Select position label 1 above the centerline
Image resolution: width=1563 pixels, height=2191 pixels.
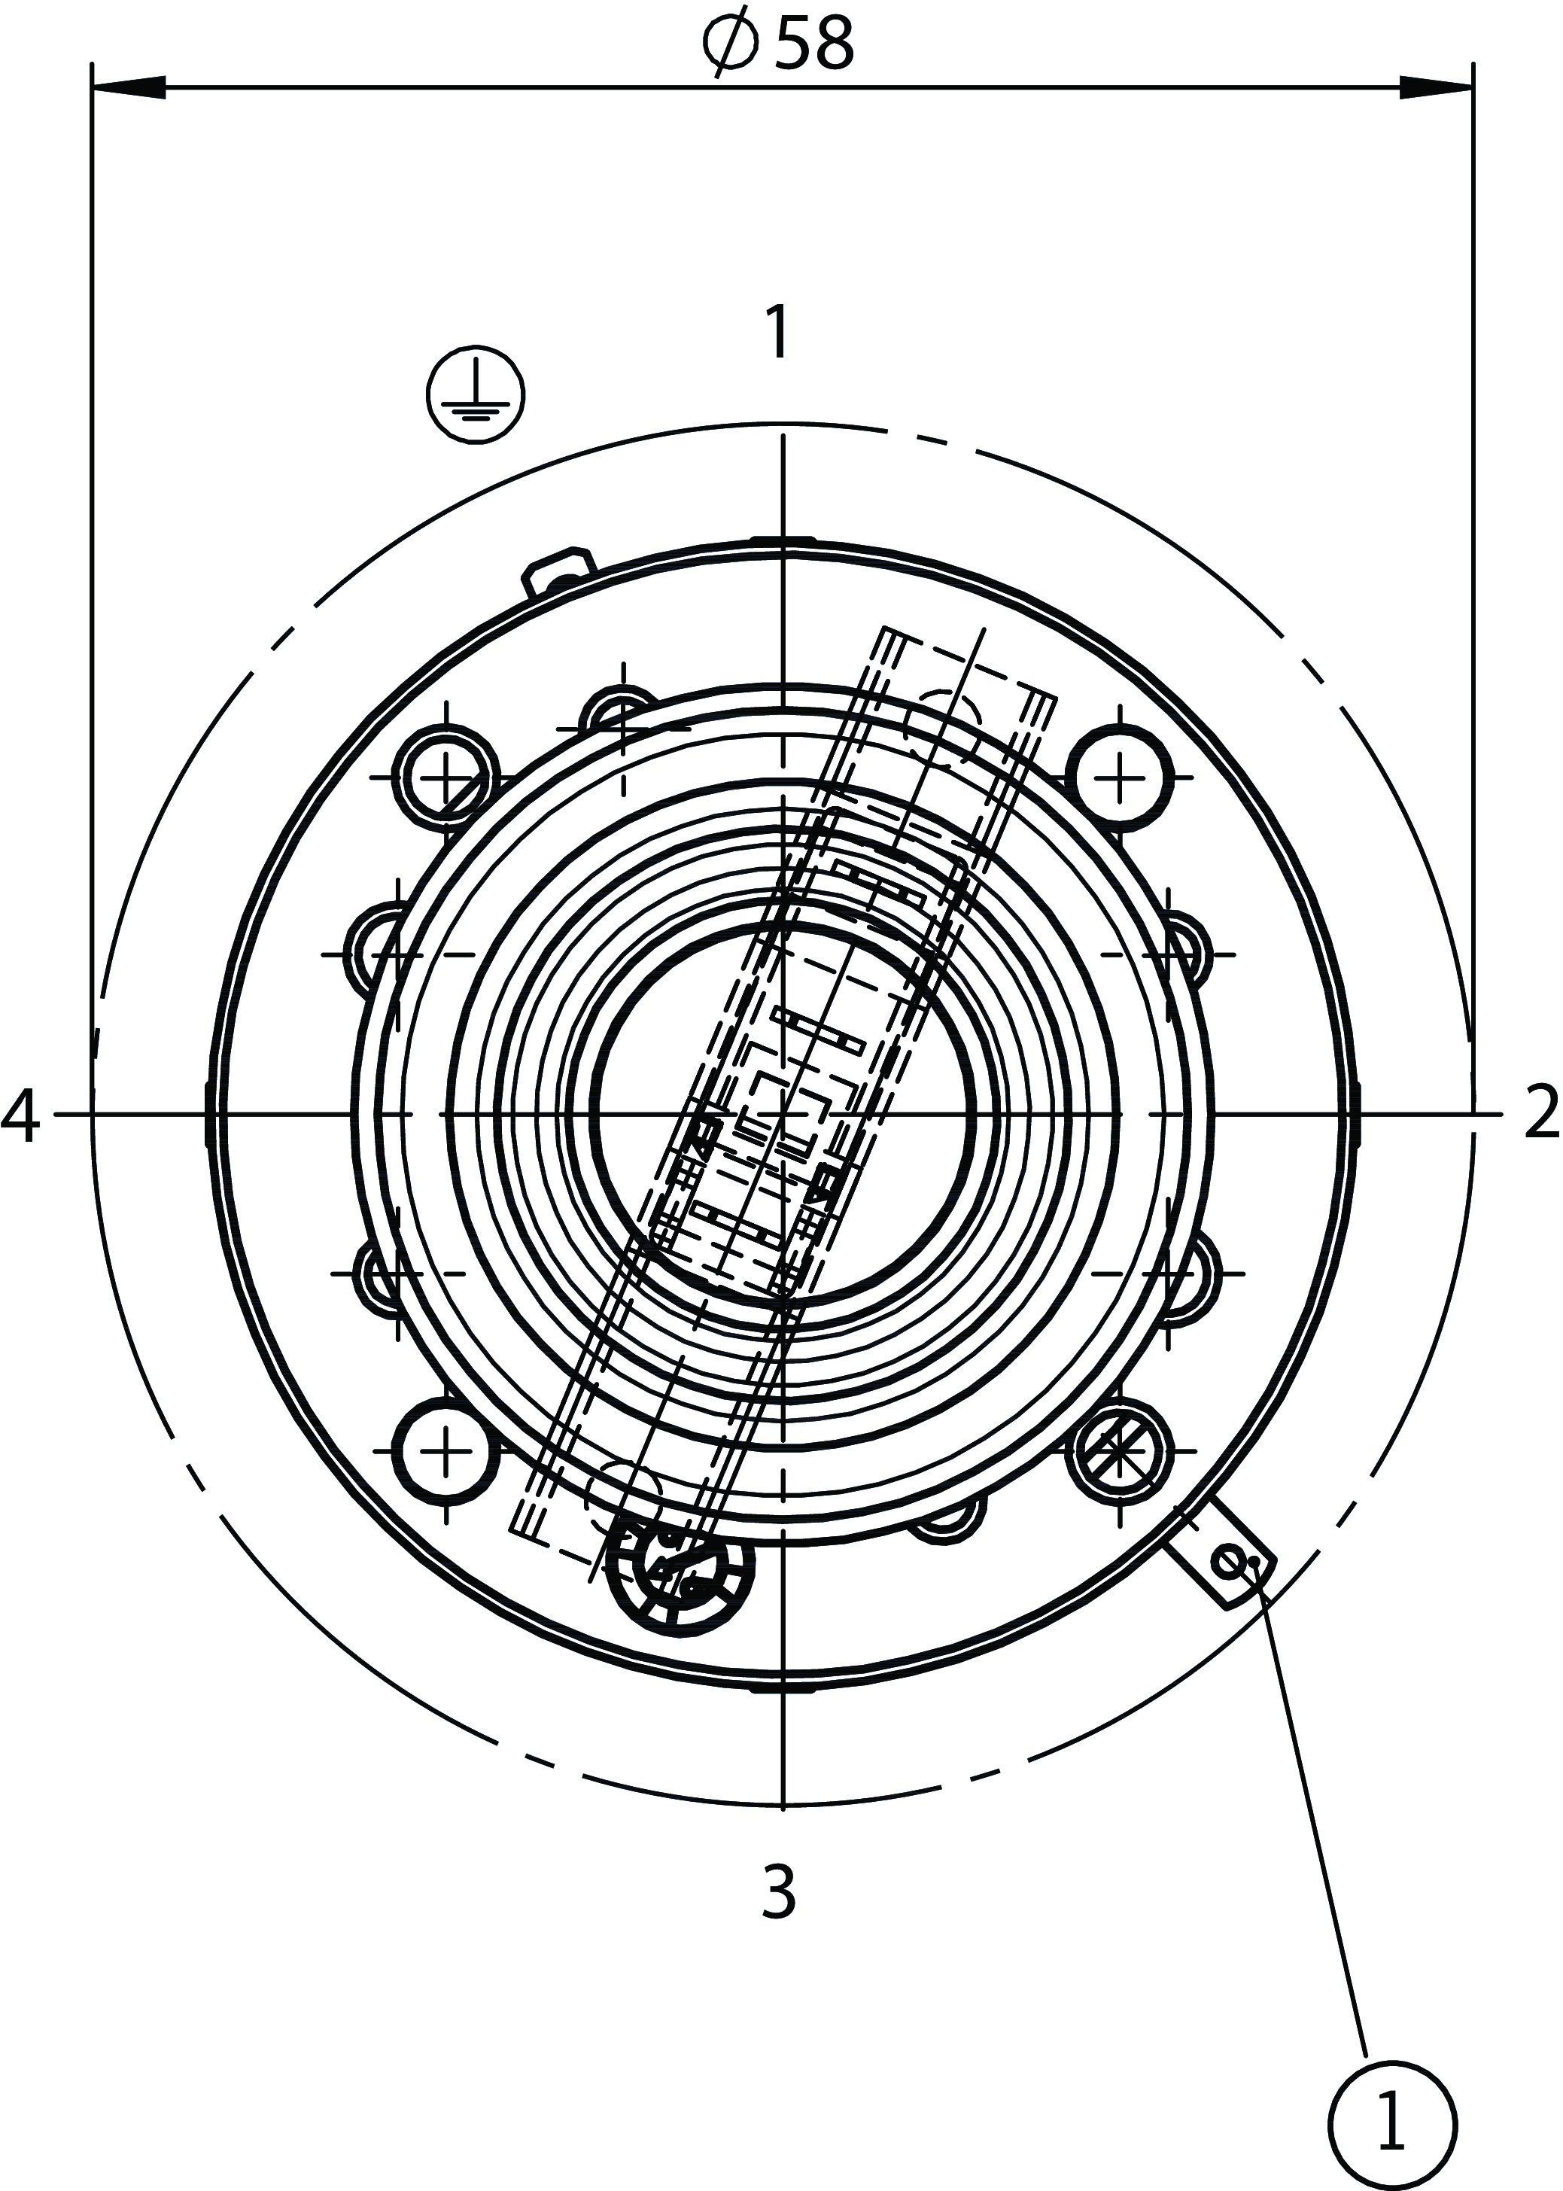point(777,332)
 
